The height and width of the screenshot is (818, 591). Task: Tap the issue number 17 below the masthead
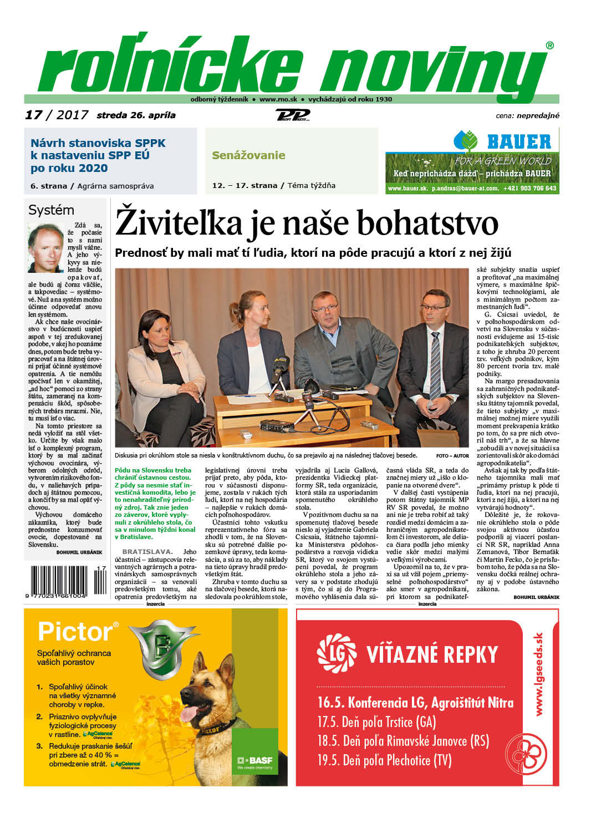coord(33,115)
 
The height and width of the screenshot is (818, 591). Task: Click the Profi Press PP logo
coord(292,115)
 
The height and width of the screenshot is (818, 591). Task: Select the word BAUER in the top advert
coord(518,142)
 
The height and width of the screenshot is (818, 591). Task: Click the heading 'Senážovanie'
coord(248,155)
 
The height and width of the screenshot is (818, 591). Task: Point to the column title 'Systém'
coord(51,210)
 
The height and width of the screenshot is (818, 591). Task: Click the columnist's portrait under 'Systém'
coord(45,247)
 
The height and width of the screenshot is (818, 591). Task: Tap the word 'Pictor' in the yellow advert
coord(75,632)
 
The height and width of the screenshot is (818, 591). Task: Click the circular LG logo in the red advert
coord(336,653)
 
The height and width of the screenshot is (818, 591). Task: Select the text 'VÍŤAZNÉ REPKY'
coord(432,654)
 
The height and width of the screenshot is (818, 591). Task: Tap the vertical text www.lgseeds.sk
coord(538,674)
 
